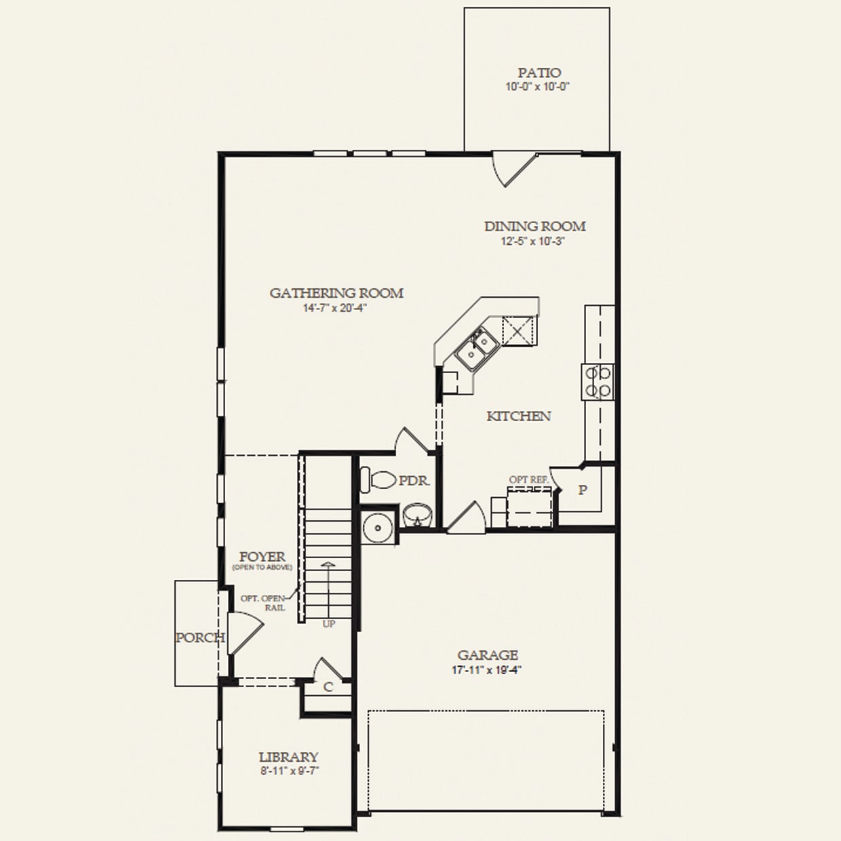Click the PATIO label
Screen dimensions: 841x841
(539, 73)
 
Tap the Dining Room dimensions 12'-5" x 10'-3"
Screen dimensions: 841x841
(534, 241)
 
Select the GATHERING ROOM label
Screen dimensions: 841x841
(336, 293)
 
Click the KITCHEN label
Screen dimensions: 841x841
(518, 416)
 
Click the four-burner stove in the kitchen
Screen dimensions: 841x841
(598, 381)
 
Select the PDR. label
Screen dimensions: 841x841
(414, 481)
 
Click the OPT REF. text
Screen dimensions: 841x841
(528, 480)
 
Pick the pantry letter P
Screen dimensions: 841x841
(582, 490)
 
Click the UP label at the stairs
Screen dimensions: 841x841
(328, 624)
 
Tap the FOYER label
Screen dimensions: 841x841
(262, 557)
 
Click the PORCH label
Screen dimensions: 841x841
(199, 638)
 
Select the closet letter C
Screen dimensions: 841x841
(328, 687)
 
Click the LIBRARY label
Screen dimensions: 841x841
(288, 757)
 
